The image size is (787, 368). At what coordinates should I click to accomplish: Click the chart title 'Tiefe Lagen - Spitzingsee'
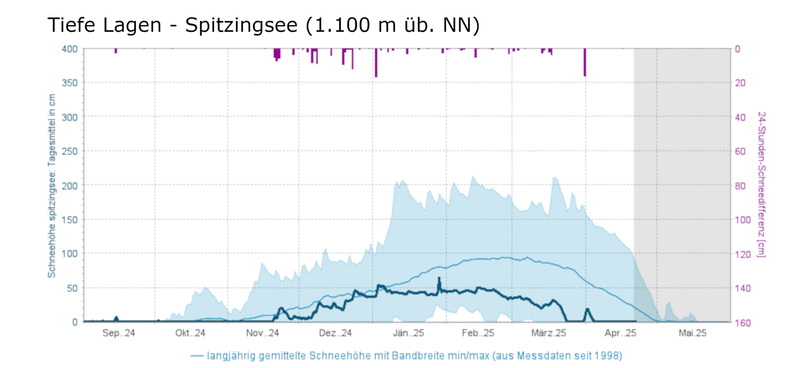point(263,25)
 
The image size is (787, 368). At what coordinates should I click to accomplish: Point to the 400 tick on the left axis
point(70,49)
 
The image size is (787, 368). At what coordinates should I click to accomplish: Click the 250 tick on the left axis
point(70,151)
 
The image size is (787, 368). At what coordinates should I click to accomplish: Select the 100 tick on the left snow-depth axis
point(70,254)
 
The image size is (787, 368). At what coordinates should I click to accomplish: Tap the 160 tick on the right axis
point(743,323)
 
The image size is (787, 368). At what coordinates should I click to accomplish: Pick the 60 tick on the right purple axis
point(741,151)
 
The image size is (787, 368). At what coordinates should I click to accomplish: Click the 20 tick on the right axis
point(741,83)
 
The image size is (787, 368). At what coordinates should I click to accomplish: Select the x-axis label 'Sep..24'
point(118,333)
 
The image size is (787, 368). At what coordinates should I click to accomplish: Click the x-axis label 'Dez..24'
point(335,333)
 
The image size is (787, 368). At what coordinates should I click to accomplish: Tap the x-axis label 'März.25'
point(549,333)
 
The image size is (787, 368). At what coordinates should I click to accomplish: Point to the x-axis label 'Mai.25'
point(693,333)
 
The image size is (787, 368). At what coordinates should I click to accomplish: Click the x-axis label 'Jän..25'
point(408,333)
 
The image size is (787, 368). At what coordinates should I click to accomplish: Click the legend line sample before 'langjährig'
point(197,356)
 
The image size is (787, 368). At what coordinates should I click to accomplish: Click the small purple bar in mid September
point(116,51)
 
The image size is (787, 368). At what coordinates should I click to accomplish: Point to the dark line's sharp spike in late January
point(439,279)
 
